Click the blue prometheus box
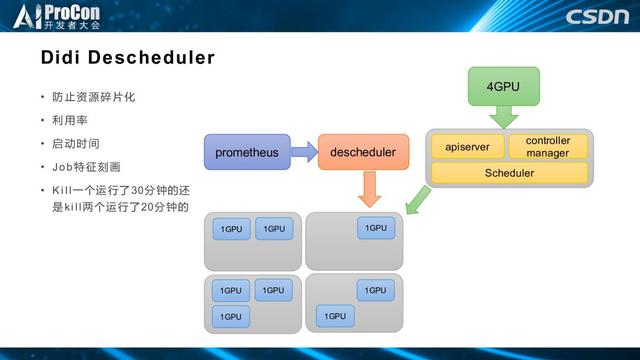(x=247, y=152)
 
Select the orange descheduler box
(x=363, y=152)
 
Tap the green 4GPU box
(x=503, y=87)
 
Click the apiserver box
(x=467, y=147)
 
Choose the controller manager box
(x=548, y=146)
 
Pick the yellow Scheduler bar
(x=509, y=173)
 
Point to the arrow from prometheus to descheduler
(x=304, y=152)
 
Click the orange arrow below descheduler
(x=369, y=187)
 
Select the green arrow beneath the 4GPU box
(x=503, y=117)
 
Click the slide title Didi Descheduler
(x=127, y=58)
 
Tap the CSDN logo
(x=596, y=16)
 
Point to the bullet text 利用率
(x=70, y=120)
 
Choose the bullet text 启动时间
(x=76, y=143)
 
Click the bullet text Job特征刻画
(x=86, y=166)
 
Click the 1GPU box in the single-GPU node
(x=375, y=228)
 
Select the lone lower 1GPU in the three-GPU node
(x=231, y=316)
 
